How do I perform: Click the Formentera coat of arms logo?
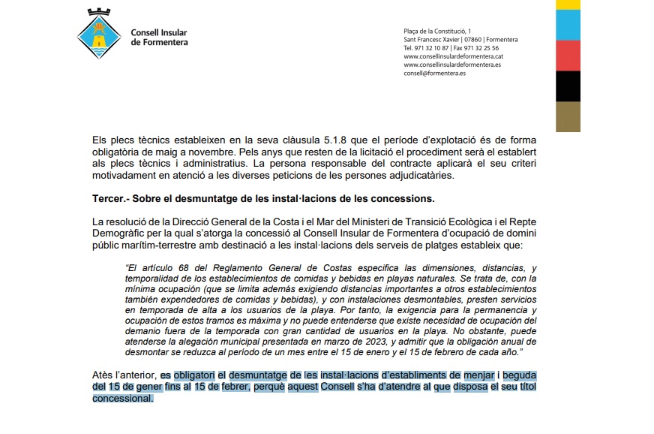(99, 37)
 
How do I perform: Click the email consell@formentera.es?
(434, 74)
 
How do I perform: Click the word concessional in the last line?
(122, 399)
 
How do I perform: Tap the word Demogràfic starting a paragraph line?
(116, 234)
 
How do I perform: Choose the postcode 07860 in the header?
(472, 39)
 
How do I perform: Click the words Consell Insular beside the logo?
(159, 33)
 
